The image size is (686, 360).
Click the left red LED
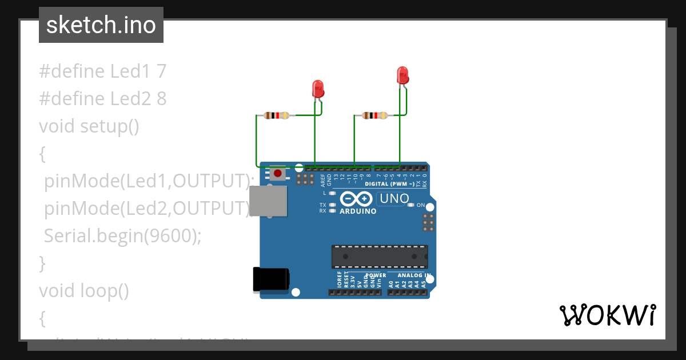(x=318, y=89)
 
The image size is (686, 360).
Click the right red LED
(x=402, y=75)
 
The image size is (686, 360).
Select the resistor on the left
(x=277, y=115)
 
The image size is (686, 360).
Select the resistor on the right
(x=374, y=115)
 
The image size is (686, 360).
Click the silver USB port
(x=269, y=202)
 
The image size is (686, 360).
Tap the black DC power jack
(x=271, y=279)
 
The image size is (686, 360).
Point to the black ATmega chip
(x=379, y=257)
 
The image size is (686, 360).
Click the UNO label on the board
(x=394, y=199)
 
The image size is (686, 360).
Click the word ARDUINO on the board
(x=358, y=211)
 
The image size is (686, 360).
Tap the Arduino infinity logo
(x=357, y=199)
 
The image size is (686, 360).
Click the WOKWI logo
(x=607, y=315)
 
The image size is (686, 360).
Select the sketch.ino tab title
(x=101, y=25)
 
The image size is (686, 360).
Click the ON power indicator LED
(x=411, y=205)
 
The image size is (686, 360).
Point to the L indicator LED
(x=332, y=193)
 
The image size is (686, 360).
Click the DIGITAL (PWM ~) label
(x=389, y=184)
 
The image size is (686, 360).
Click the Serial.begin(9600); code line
(x=122, y=235)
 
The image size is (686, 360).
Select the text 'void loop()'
(x=84, y=291)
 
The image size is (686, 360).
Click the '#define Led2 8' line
(x=103, y=99)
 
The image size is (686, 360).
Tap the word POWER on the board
(x=376, y=275)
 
